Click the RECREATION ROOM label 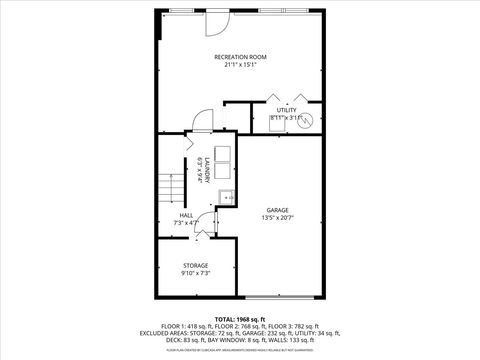[x=241, y=56]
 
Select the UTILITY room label [x=286, y=110]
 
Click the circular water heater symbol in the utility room [x=307, y=119]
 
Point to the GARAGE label [x=277, y=210]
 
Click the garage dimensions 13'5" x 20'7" [x=277, y=218]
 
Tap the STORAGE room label [x=195, y=265]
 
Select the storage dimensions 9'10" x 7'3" [x=195, y=273]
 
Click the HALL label [x=186, y=215]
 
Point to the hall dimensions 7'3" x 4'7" [x=186, y=223]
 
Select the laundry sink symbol [x=227, y=196]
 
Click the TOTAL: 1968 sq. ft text [x=240, y=318]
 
